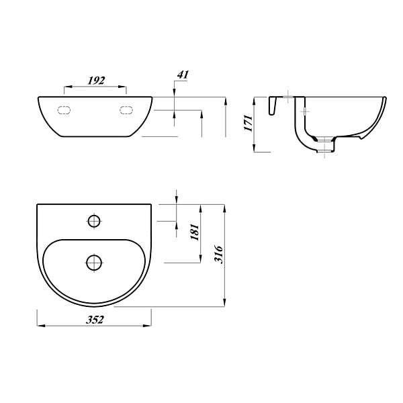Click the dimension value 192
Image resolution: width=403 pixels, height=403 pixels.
96,81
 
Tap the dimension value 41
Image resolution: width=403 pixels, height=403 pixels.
183,75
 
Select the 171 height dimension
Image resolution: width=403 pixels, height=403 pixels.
249,123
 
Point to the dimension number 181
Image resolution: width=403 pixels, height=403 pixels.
195,232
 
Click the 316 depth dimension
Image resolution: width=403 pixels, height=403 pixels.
219,254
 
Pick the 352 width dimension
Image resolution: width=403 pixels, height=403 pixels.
95,320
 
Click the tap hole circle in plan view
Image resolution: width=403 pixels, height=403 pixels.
94,221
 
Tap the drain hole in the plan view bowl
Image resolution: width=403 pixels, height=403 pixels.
94,263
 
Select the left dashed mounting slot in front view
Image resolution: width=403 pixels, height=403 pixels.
64,110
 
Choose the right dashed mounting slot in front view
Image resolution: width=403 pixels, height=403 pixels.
126,110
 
